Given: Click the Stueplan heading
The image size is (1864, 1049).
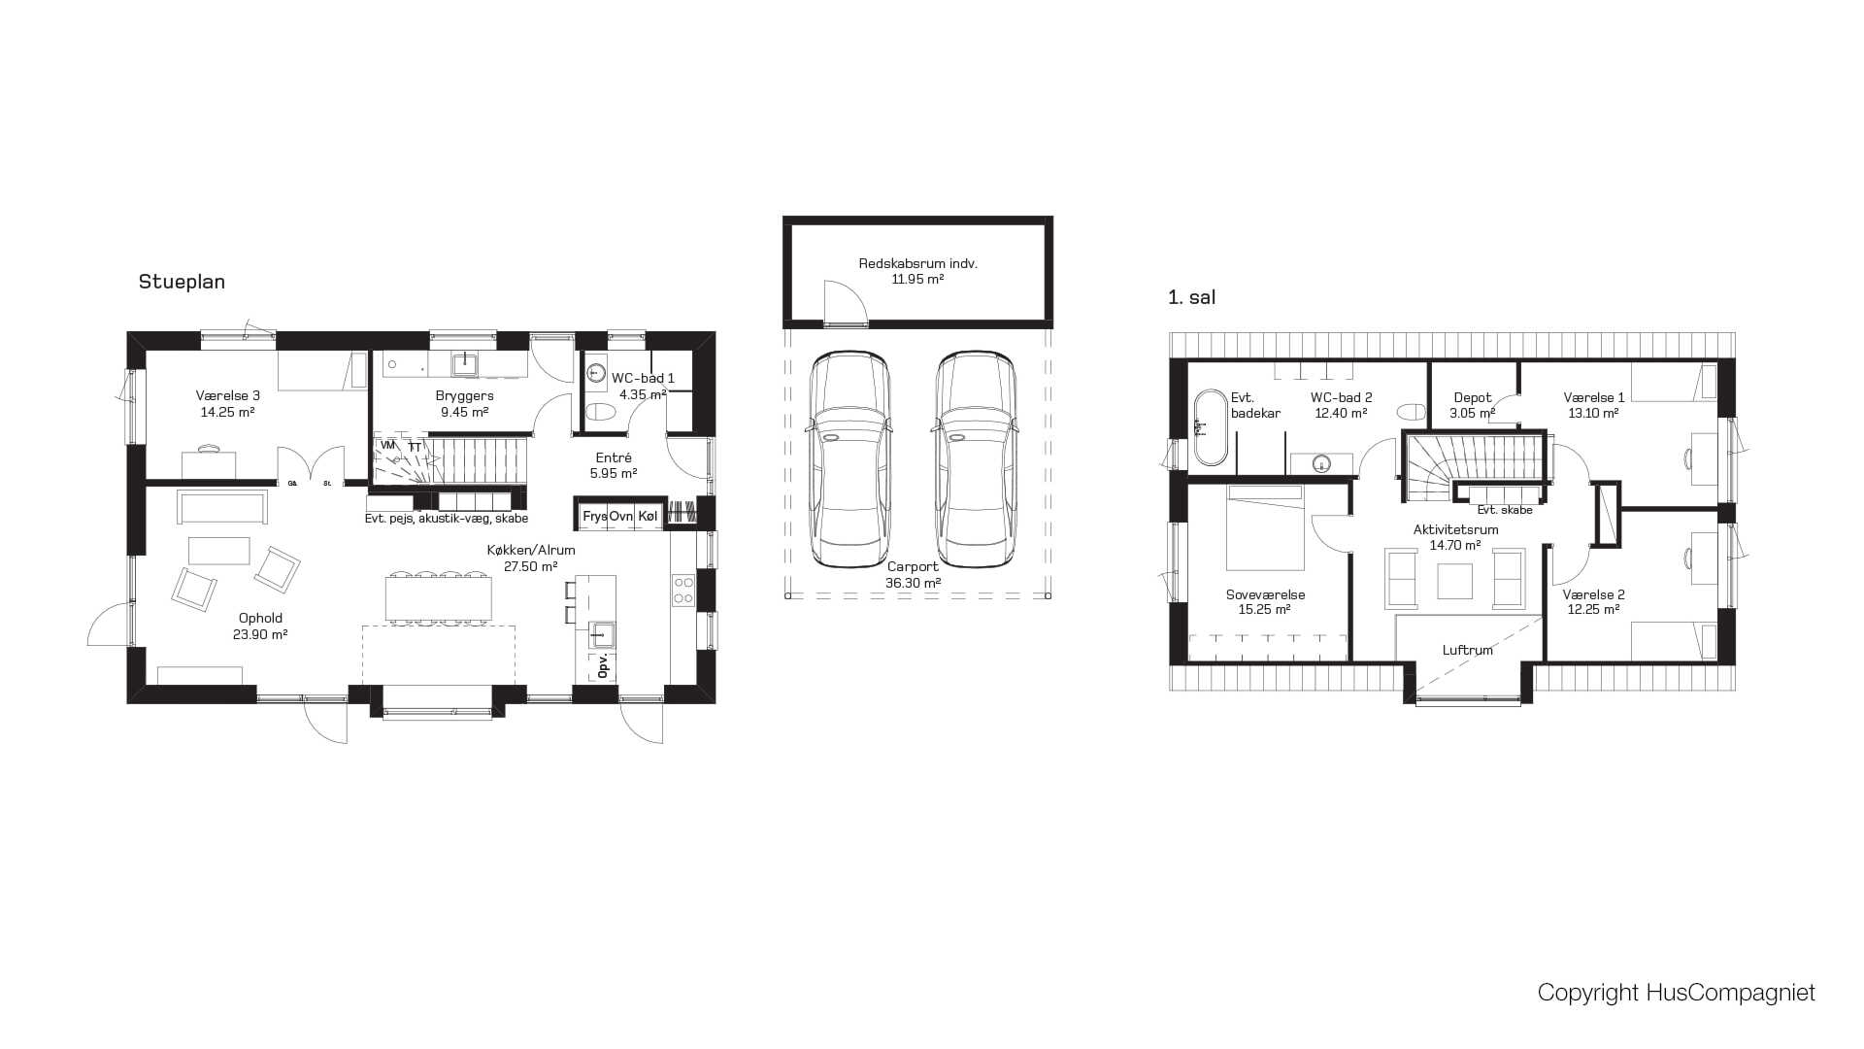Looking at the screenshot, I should point(182,282).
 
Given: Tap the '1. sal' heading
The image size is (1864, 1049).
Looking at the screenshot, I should point(1191,297).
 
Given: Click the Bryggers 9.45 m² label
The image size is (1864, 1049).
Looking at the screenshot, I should point(464,403).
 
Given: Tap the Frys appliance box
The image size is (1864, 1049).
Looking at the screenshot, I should point(594,516).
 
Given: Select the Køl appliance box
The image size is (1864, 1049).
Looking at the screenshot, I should point(648,516).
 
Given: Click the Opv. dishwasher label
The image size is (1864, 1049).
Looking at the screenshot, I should point(602,665).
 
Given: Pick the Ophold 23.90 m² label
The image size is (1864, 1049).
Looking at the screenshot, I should point(260,626).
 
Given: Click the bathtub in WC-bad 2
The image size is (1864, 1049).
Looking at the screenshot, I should point(1211,427).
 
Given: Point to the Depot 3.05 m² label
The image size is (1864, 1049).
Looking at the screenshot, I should point(1472,405).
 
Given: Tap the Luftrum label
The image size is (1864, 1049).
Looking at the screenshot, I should point(1467,650).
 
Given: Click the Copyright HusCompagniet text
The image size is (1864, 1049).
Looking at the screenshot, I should point(1676,992).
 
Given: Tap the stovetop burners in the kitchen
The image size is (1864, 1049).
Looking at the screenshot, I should point(683,591).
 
